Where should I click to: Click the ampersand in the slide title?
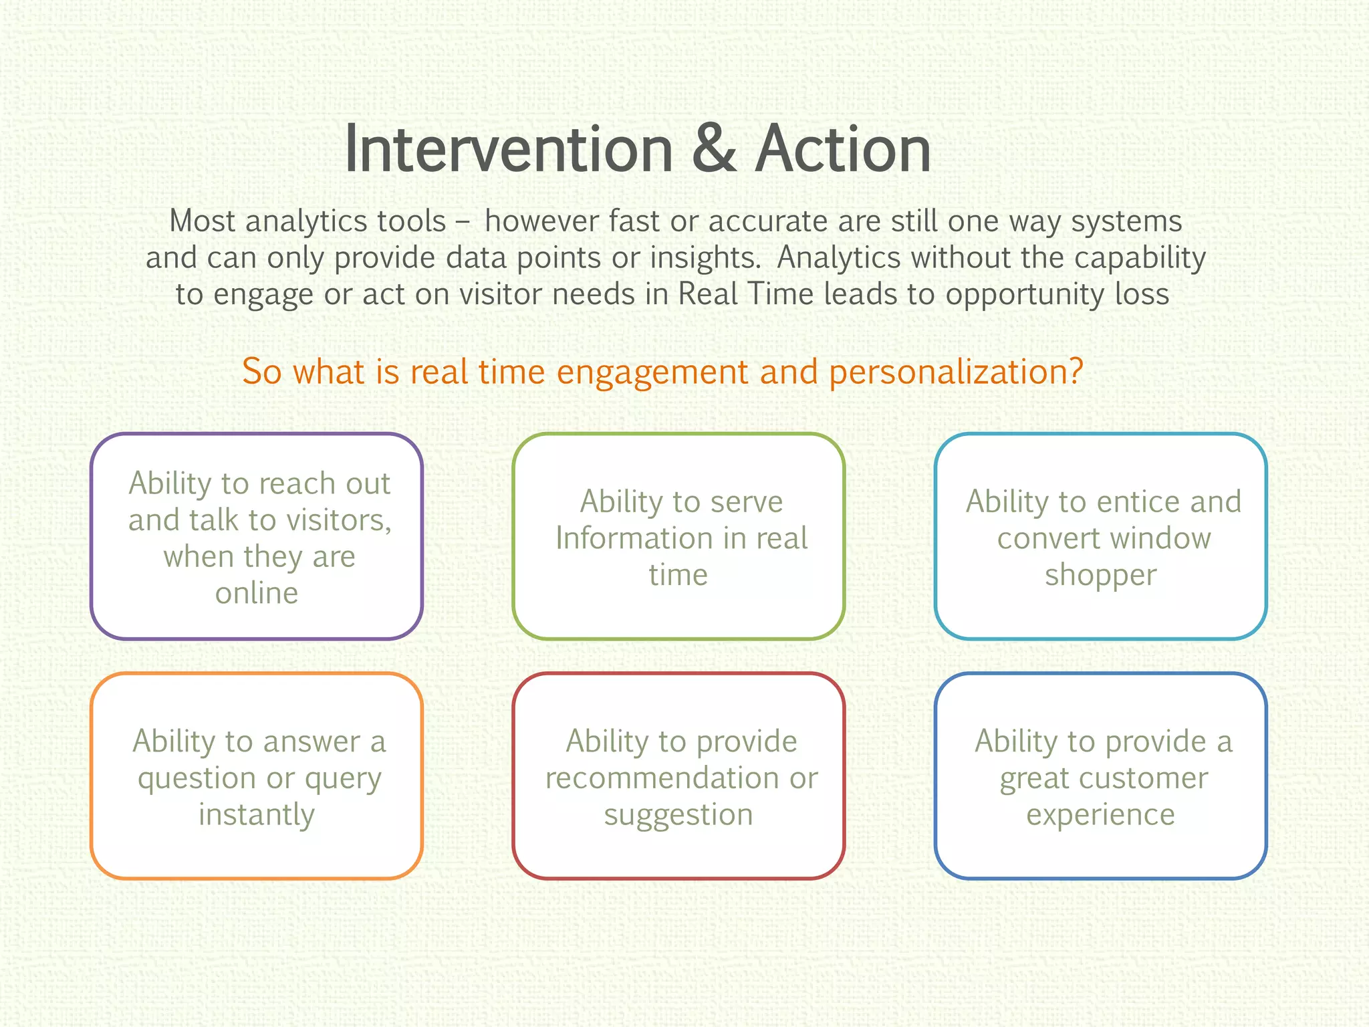(714, 150)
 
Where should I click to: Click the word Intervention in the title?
(509, 150)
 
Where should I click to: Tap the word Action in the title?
(843, 150)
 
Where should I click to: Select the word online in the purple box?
(257, 593)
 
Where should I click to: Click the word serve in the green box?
(746, 502)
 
